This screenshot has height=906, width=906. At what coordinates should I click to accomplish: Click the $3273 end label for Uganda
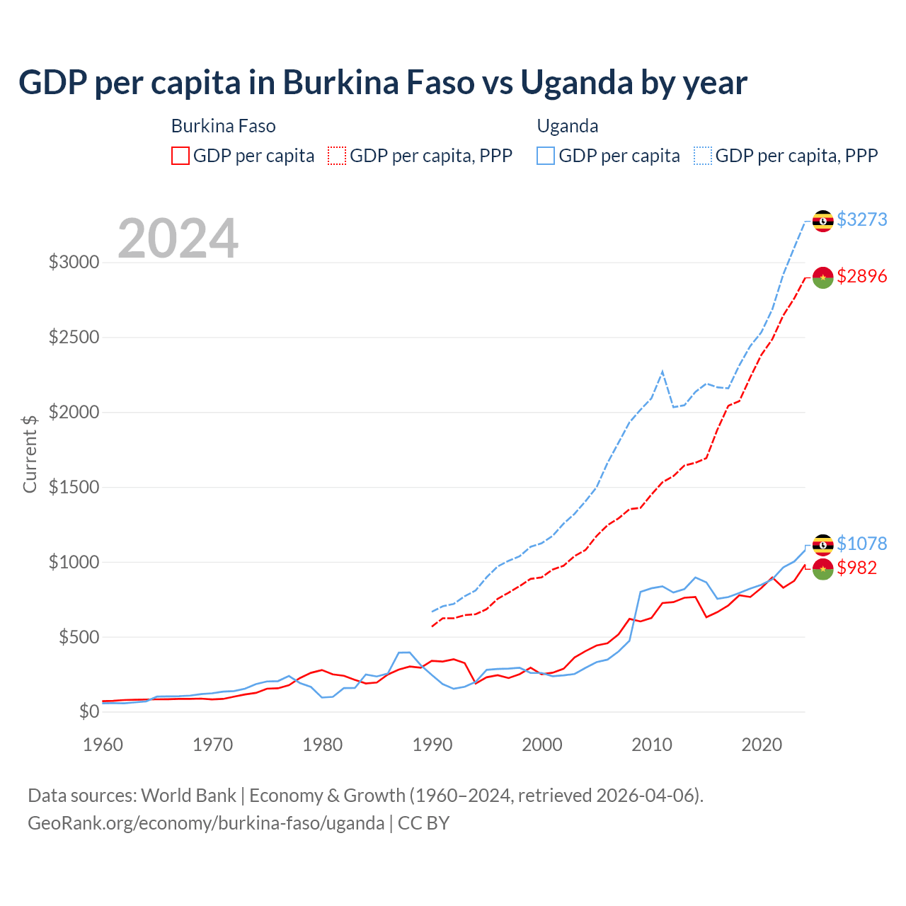[x=861, y=219]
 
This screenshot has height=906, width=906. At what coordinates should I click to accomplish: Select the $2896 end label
[x=861, y=276]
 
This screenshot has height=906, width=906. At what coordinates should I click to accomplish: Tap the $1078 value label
[x=861, y=544]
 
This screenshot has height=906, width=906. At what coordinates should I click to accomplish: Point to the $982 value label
[x=856, y=568]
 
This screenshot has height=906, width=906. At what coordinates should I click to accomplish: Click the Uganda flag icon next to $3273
[x=822, y=221]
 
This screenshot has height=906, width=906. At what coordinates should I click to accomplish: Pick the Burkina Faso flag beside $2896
[x=822, y=277]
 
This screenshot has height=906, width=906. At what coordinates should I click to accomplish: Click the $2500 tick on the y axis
[x=74, y=337]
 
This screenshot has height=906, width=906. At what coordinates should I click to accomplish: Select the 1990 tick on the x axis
[x=432, y=745]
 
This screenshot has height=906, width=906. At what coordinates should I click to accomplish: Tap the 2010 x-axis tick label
[x=652, y=745]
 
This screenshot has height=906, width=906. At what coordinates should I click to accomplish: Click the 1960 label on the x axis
[x=103, y=745]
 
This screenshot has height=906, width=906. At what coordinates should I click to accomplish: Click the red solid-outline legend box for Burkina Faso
[x=180, y=156]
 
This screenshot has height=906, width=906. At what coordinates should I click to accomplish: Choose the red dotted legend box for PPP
[x=337, y=156]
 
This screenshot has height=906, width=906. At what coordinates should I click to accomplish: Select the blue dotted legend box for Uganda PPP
[x=703, y=156]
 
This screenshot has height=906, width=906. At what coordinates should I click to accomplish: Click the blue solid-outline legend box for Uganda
[x=546, y=156]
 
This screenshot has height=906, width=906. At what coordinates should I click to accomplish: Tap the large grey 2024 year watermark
[x=178, y=239]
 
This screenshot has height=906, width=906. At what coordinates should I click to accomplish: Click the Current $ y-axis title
[x=30, y=454]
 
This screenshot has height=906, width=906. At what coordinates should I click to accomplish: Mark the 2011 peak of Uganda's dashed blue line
[x=663, y=371]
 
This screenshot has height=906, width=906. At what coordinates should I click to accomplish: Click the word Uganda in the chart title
[x=577, y=83]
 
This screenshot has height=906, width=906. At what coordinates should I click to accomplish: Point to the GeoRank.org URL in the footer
[x=206, y=823]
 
